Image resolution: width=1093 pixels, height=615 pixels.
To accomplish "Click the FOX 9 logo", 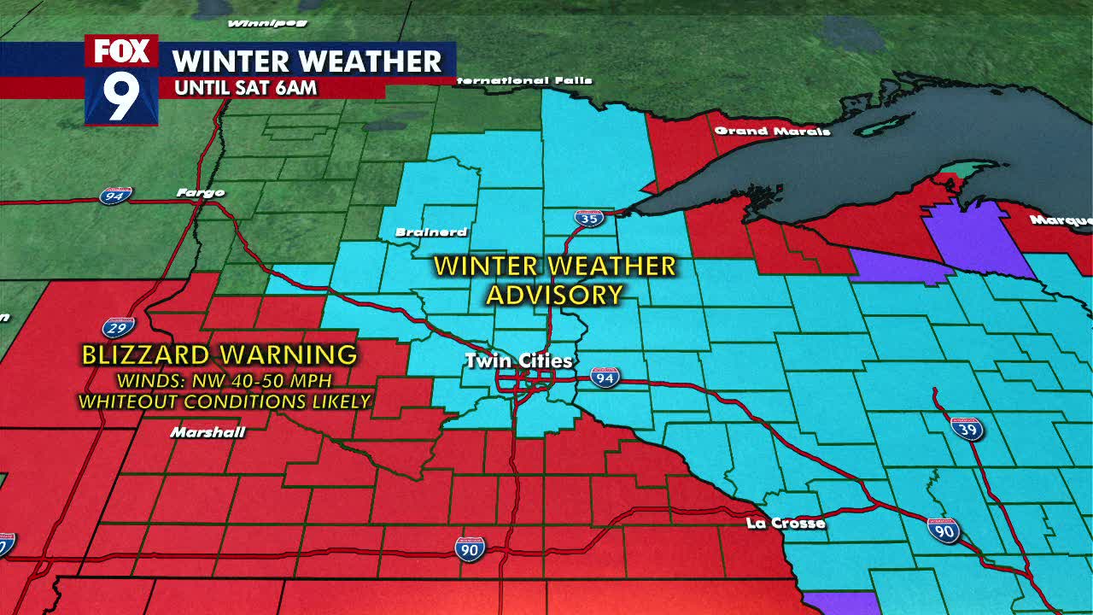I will (121, 79).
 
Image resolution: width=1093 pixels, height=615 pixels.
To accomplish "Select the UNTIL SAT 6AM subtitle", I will (245, 87).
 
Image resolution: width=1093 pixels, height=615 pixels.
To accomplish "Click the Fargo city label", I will (201, 192).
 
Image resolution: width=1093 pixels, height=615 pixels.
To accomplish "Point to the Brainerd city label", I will (431, 232).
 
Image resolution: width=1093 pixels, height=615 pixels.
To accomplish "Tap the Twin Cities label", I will (518, 361).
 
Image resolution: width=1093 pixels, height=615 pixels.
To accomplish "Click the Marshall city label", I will (207, 432).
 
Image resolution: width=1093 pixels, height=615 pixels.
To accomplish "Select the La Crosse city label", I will (785, 523).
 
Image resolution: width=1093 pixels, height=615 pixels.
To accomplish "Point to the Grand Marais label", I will (772, 131).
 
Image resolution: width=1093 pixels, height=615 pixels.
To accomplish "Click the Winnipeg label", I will (256, 22).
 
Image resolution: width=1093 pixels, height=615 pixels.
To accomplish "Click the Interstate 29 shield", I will (118, 326).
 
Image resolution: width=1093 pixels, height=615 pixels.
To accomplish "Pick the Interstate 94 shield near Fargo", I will (115, 196).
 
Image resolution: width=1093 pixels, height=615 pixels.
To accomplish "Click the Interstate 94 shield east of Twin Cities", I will (605, 377).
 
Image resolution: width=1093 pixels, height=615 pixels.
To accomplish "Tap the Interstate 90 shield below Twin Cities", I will (470, 548).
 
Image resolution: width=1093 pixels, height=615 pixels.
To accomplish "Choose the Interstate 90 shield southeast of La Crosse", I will (944, 530).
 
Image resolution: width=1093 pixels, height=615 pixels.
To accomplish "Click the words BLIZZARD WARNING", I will (219, 354).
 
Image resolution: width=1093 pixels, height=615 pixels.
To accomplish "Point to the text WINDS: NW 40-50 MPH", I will (225, 379).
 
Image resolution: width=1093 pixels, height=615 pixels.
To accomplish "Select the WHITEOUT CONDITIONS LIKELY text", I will (225, 401).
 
